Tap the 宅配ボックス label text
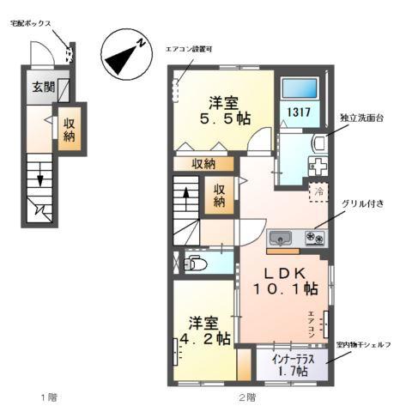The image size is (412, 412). tap(27, 24)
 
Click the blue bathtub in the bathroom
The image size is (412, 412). tap(301, 87)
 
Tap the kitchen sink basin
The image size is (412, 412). tap(281, 238)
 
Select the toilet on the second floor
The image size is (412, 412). tap(194, 264)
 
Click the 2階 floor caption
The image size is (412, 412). tap(247, 398)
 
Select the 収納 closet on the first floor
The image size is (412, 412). tap(70, 128)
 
